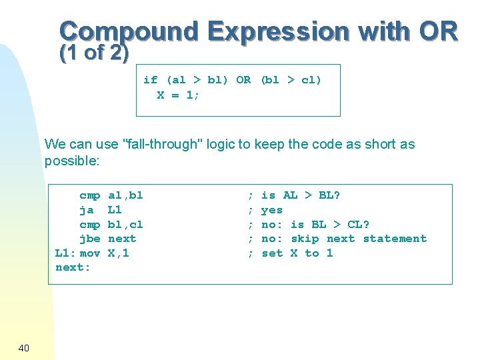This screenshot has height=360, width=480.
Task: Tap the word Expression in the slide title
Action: [277, 31]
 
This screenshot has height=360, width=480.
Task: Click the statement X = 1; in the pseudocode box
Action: [178, 95]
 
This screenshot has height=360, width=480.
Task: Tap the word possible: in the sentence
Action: [72, 161]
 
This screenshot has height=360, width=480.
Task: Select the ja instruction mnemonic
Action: [87, 210]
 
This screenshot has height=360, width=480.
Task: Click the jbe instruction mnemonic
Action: [90, 239]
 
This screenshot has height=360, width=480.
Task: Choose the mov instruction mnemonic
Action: [90, 253]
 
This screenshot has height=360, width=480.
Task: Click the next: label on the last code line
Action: [73, 267]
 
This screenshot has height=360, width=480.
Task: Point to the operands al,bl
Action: [125, 195]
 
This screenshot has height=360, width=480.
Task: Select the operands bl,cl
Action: [125, 225]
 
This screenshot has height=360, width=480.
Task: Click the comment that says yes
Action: [272, 210]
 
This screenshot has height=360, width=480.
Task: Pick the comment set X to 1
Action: [297, 253]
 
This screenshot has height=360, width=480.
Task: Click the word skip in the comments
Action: [305, 239]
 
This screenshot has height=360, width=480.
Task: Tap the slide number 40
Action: [23, 348]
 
